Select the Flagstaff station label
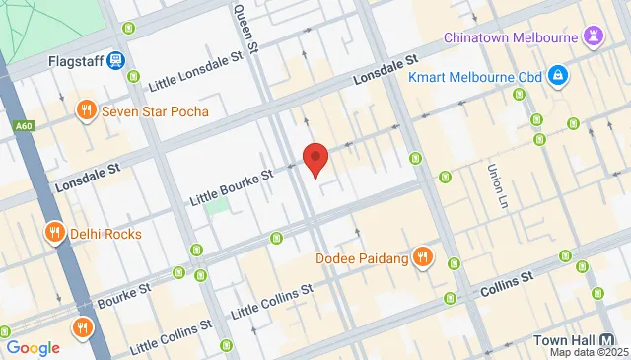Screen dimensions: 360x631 [76, 61]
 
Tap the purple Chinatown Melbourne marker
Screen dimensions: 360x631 [593, 37]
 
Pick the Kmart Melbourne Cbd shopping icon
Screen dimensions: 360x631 [558, 76]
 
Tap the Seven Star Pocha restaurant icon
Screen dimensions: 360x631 [87, 110]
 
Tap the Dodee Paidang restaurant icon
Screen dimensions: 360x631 [422, 258]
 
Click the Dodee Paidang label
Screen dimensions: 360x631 [362, 258]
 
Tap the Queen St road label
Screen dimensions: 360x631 [244, 27]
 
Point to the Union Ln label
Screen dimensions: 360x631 [494, 185]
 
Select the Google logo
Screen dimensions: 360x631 [33, 347]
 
